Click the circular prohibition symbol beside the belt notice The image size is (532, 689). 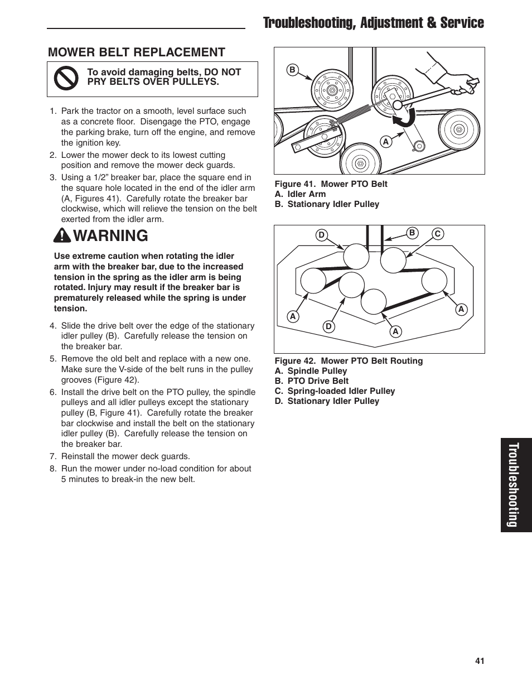tap(67, 79)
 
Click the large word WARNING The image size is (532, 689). tap(110, 236)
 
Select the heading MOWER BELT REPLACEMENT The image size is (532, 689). tap(137, 52)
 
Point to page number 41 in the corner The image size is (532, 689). tap(480, 661)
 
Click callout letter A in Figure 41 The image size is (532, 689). tap(385, 142)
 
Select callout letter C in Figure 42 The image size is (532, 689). tap(438, 234)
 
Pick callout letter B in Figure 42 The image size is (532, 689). tap(412, 233)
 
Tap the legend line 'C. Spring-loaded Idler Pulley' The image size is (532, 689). tap(335, 391)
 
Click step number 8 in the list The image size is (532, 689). tap(53, 469)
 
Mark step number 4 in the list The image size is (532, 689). tap(53, 326)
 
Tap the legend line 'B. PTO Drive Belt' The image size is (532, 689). tap(312, 381)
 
